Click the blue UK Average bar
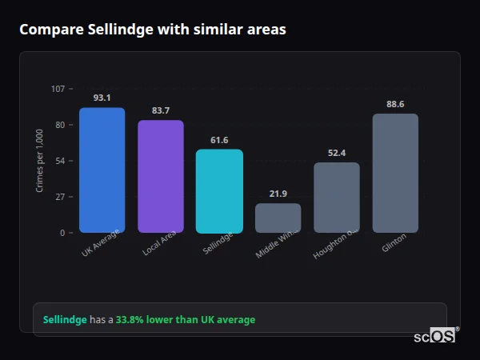[102, 170]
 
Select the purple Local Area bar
[160, 176]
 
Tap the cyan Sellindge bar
[219, 190]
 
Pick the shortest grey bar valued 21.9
[278, 218]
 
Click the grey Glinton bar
[395, 173]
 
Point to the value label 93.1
[102, 98]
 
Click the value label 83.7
[160, 110]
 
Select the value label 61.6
[219, 140]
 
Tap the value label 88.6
[395, 104]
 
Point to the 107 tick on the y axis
[58, 89]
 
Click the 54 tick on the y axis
[60, 161]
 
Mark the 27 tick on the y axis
[60, 197]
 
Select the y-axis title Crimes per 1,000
[40, 160]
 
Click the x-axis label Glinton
[394, 242]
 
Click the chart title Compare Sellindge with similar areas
[152, 30]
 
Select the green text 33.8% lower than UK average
[186, 320]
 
